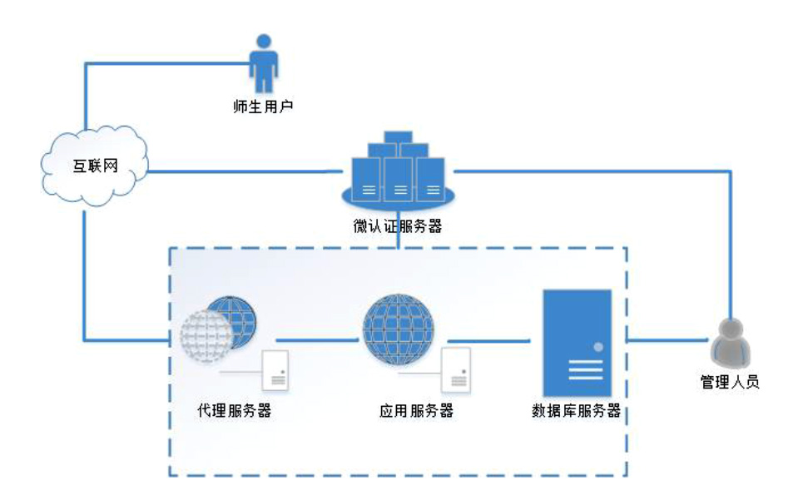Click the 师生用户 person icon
click(x=264, y=65)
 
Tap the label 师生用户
click(x=264, y=106)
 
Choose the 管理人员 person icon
click(x=731, y=343)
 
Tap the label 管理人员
click(x=730, y=384)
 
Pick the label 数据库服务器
click(x=577, y=410)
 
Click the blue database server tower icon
click(x=577, y=343)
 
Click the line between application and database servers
click(x=489, y=339)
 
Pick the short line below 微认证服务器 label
click(x=399, y=240)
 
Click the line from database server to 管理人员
click(x=667, y=339)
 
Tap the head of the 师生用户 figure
click(x=264, y=42)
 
